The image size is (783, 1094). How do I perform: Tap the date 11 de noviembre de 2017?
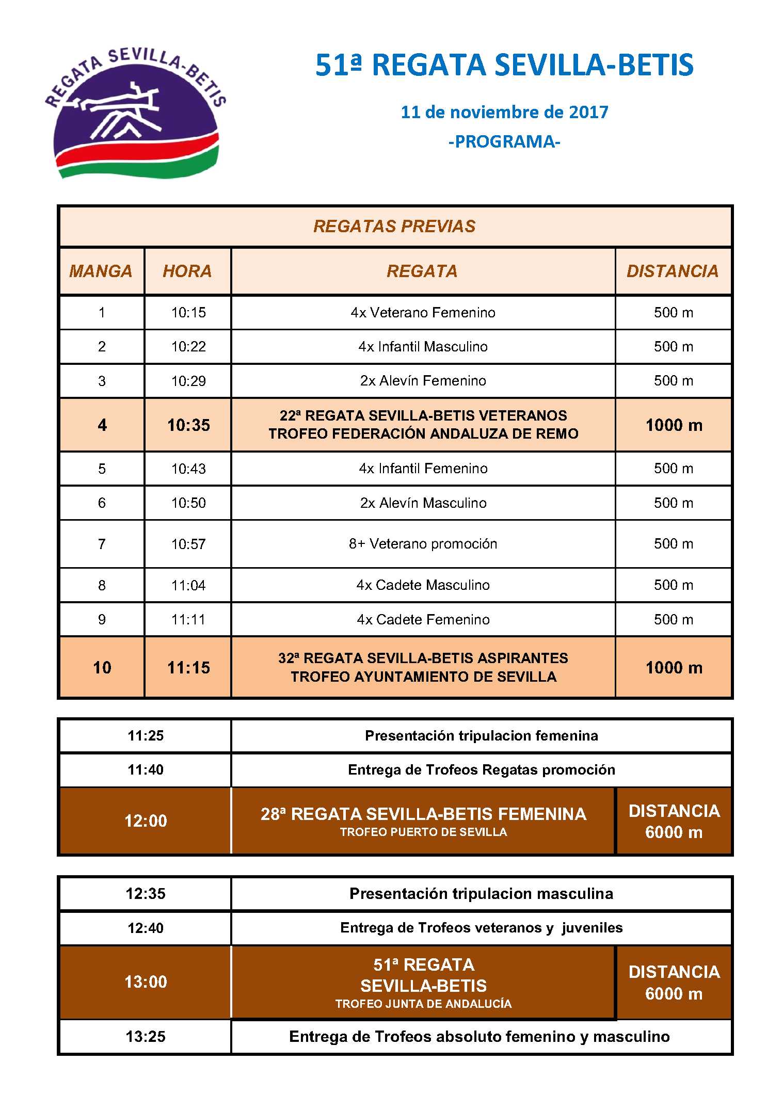(504, 112)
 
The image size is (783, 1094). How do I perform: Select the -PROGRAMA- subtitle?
(504, 141)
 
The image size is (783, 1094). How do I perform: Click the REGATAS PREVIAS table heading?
(394, 226)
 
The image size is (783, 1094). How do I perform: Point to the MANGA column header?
(101, 271)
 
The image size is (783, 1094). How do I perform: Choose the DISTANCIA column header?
(673, 271)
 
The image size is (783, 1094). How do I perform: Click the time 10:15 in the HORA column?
(188, 312)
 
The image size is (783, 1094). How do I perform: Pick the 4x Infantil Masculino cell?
(423, 346)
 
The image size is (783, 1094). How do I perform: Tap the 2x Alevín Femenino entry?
(423, 381)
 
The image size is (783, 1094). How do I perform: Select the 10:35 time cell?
(188, 425)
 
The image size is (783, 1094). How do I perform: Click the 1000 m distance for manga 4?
(674, 425)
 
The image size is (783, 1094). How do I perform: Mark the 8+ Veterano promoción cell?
(423, 543)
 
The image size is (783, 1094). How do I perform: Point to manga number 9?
(102, 619)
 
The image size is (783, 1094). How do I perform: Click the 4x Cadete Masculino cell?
(423, 585)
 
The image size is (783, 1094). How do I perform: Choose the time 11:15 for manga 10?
(188, 667)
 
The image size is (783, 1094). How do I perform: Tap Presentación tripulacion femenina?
(481, 735)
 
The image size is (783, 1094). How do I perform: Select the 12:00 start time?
(146, 821)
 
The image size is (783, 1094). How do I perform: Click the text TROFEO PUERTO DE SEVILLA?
(423, 832)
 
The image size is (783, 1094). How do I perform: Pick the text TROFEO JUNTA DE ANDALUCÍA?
(423, 1004)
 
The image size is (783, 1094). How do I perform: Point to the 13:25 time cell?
(146, 1036)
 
